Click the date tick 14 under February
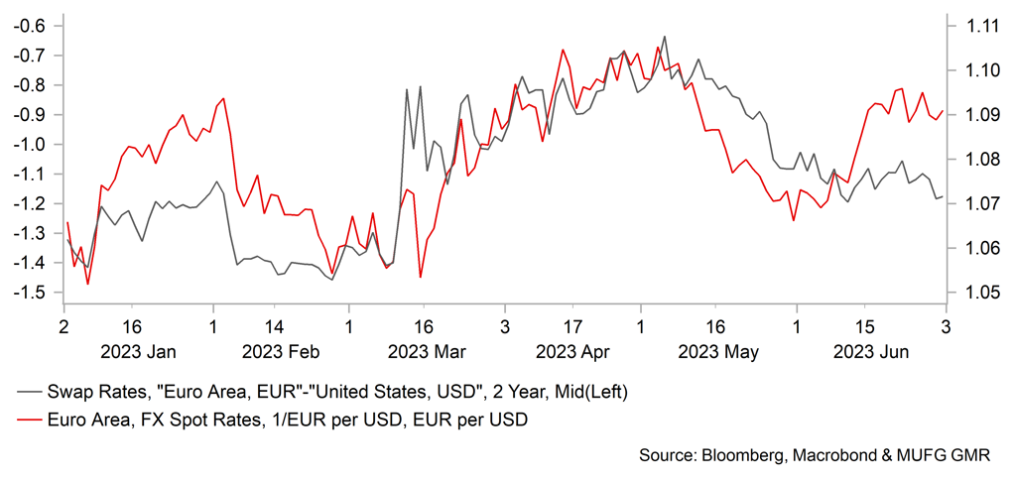(275, 324)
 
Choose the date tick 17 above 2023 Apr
(573, 324)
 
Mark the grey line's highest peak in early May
(664, 37)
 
